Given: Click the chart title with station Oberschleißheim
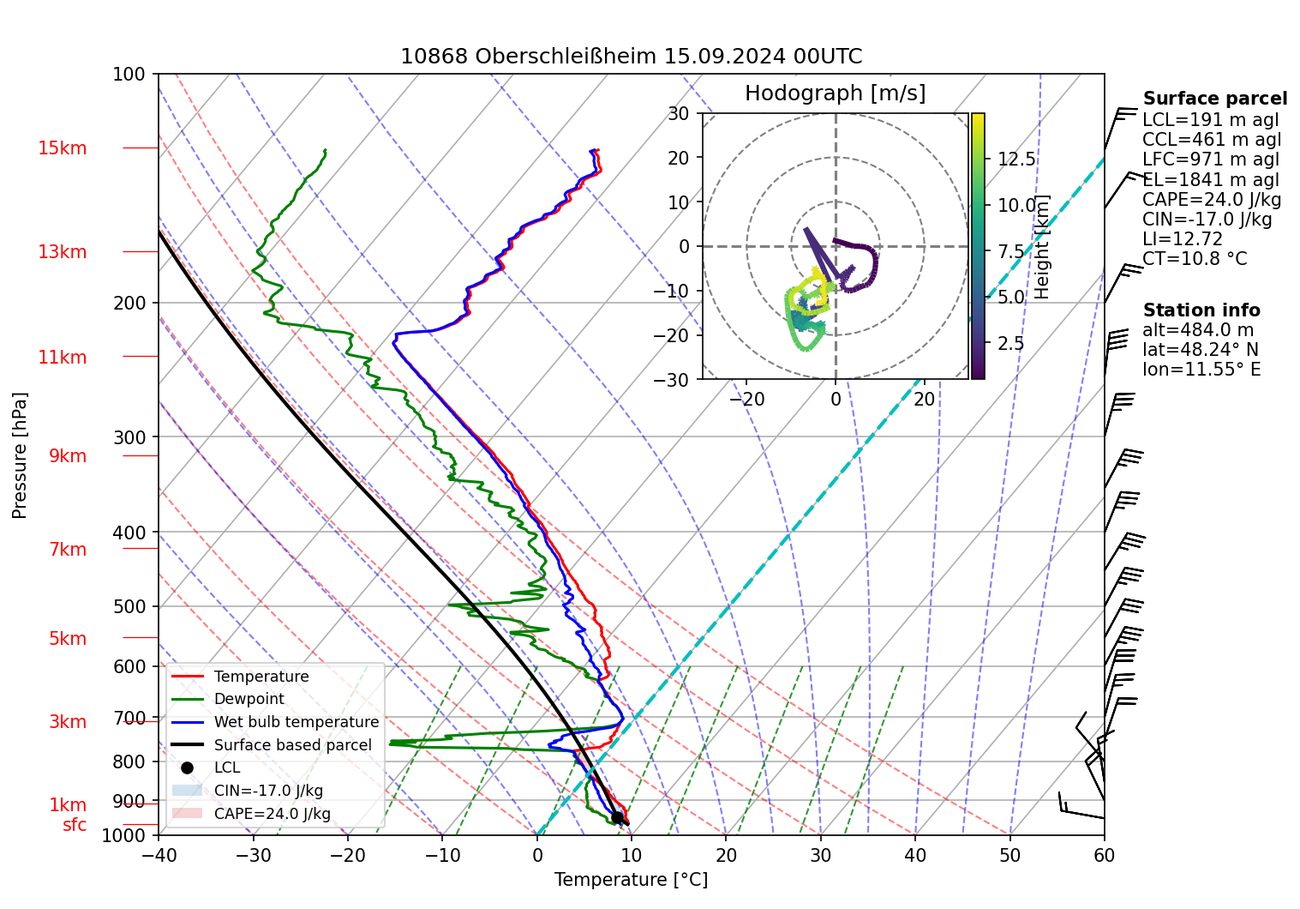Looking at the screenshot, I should coord(631,57).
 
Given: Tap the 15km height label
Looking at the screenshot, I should coord(62,148).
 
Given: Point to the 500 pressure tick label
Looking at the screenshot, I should coord(129,606).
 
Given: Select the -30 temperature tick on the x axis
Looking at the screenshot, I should coord(253,855).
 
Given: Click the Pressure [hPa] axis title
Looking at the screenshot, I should coord(20,455).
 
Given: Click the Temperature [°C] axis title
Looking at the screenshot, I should coord(631,880).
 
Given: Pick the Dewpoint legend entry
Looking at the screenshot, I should coord(249,699).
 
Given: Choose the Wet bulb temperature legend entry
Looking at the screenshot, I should coord(296,722).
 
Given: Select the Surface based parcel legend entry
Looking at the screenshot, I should coord(292,745).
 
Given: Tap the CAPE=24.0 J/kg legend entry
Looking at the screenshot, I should coord(272,814).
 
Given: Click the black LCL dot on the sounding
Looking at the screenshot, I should coord(617,817).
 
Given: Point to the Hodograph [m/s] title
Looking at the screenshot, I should coord(835,93).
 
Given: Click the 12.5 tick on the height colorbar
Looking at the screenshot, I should coord(1016,160).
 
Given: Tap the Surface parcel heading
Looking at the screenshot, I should coord(1214,99).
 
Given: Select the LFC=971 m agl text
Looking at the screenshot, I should coord(1210,160).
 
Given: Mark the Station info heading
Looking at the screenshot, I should coord(1201,310).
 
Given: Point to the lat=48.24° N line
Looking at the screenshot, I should coord(1200,350).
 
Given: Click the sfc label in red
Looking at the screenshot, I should coord(75,825).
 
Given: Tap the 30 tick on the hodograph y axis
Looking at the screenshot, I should coord(679,113).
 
